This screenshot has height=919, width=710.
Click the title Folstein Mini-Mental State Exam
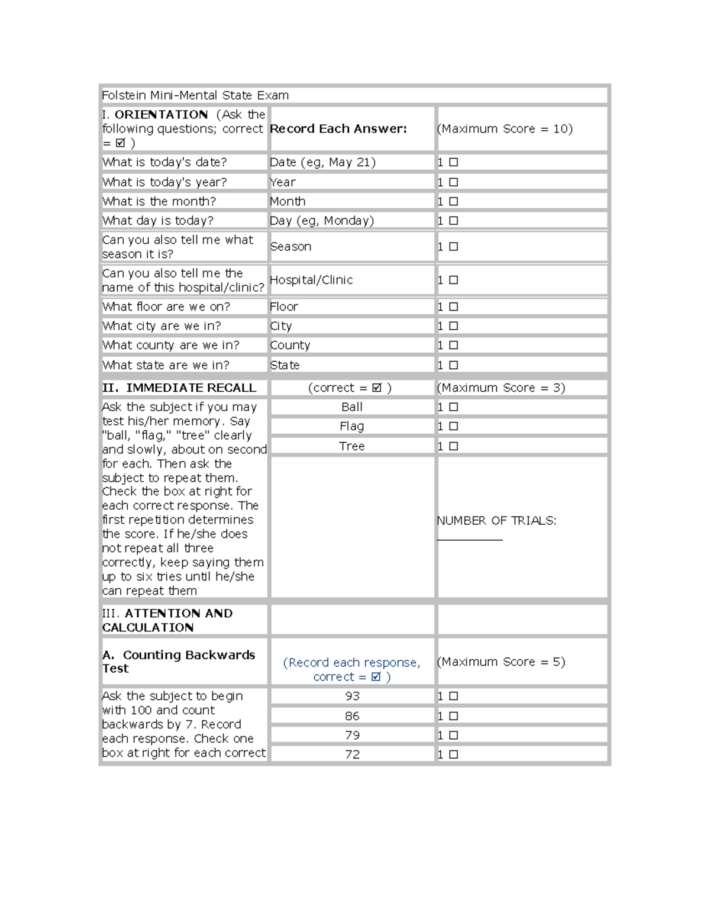click(195, 95)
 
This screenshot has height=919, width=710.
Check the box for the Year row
click(453, 182)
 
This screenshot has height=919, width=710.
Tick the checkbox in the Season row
click(453, 247)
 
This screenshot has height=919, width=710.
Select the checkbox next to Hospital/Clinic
click(453, 280)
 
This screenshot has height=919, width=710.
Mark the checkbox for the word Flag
click(453, 427)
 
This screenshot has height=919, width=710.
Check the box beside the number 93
click(453, 696)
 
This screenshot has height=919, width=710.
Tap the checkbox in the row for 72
click(453, 754)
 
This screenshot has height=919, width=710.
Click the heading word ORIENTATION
click(161, 115)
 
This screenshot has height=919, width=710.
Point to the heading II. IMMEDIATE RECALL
click(179, 388)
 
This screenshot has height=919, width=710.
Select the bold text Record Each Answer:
click(338, 129)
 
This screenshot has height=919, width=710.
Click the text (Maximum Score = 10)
click(505, 129)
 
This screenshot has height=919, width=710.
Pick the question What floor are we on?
click(166, 307)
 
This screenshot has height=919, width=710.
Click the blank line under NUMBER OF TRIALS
click(470, 537)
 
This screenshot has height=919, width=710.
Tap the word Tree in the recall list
click(351, 446)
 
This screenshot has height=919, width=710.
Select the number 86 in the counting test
click(352, 716)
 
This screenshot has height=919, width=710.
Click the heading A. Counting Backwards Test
click(179, 662)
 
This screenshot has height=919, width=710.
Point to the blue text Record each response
click(351, 663)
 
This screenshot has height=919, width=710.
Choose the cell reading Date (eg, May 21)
click(322, 162)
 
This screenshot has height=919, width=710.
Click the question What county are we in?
click(170, 346)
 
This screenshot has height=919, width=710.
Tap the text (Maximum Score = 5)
click(501, 662)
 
